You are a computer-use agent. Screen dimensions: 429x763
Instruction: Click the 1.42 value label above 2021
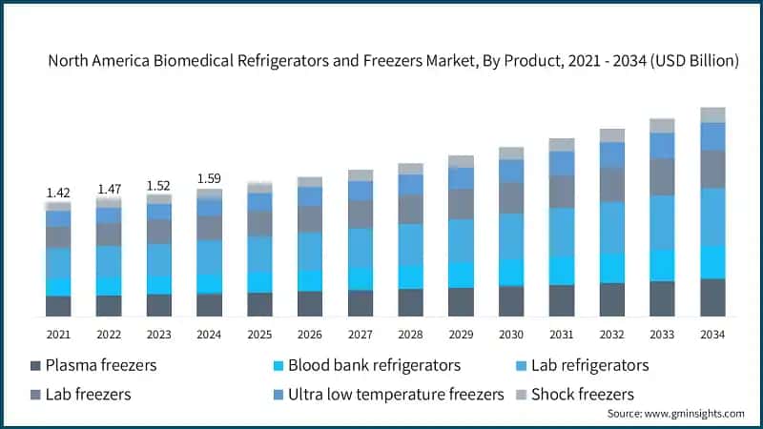pyautogui.click(x=58, y=193)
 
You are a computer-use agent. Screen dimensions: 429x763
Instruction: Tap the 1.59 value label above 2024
pyautogui.click(x=209, y=178)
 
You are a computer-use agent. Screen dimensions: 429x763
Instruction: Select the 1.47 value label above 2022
pyautogui.click(x=109, y=190)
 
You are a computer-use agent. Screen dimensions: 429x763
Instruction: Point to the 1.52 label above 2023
pyautogui.click(x=158, y=185)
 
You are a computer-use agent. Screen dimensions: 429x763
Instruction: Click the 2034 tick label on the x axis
pyautogui.click(x=711, y=334)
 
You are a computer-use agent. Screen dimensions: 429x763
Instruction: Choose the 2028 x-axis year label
pyautogui.click(x=410, y=334)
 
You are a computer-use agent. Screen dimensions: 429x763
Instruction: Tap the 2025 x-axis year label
pyautogui.click(x=259, y=334)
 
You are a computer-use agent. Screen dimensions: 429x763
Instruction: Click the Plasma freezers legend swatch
pyautogui.click(x=36, y=366)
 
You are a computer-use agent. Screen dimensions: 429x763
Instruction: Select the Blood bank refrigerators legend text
pyautogui.click(x=374, y=365)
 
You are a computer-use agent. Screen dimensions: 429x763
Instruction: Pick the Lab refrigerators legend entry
pyautogui.click(x=589, y=365)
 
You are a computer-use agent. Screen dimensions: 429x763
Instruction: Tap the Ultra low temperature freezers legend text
pyautogui.click(x=395, y=394)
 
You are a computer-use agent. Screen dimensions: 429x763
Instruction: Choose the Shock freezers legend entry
pyautogui.click(x=582, y=394)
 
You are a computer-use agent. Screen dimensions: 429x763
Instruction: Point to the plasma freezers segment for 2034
pyautogui.click(x=711, y=297)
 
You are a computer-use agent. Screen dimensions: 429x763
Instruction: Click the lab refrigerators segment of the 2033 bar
pyautogui.click(x=662, y=223)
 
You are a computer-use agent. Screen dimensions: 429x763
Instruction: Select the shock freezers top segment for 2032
pyautogui.click(x=611, y=135)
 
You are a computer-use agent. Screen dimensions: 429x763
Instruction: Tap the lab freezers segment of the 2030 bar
pyautogui.click(x=511, y=198)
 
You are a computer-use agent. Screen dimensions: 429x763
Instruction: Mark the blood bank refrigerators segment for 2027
pyautogui.click(x=360, y=278)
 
